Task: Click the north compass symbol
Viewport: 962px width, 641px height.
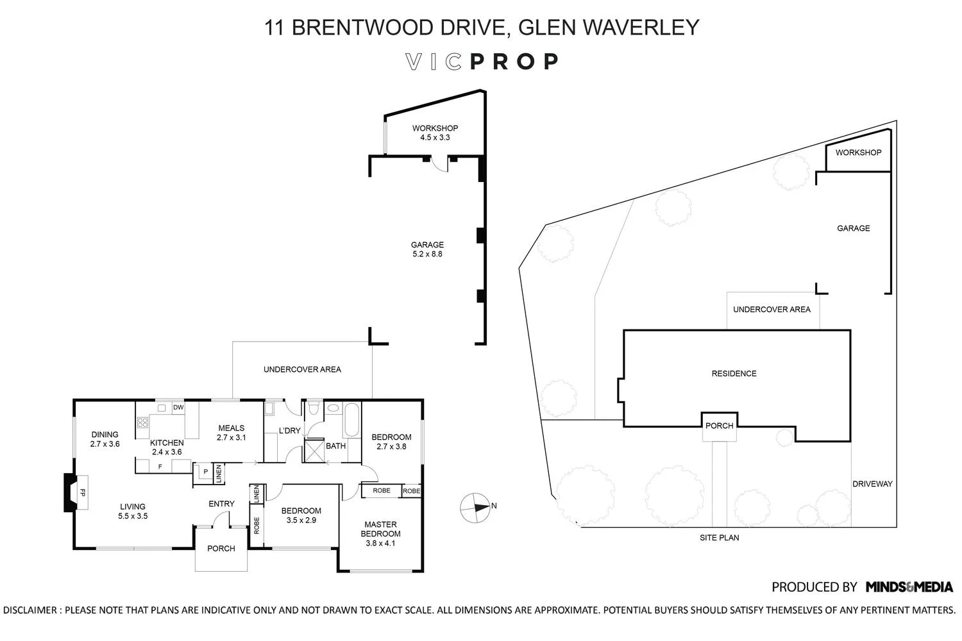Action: coord(475,506)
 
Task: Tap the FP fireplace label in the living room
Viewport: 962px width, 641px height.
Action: coord(82,492)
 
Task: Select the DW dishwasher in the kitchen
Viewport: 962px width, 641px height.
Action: coord(178,407)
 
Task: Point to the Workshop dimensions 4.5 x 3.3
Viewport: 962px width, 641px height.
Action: coord(435,137)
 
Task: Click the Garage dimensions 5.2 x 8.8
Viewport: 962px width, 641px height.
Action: coord(427,254)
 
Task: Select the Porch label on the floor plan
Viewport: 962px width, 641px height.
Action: coord(221,549)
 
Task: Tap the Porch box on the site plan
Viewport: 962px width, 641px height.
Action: coord(719,426)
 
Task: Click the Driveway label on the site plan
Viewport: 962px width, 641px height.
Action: coord(872,484)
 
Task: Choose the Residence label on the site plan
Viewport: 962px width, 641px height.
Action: coord(734,374)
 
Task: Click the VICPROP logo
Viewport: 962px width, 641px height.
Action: coord(482,62)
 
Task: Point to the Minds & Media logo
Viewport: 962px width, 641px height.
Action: coord(909,587)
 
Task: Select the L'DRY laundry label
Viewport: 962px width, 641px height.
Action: coord(289,431)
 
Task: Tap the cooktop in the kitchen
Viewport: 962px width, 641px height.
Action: coord(142,422)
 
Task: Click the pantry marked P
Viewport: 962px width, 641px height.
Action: coord(205,472)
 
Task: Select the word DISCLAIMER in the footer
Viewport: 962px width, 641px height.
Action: coord(30,610)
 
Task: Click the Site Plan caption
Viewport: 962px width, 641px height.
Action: coord(719,538)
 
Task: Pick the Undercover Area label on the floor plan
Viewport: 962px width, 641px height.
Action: coord(302,369)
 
